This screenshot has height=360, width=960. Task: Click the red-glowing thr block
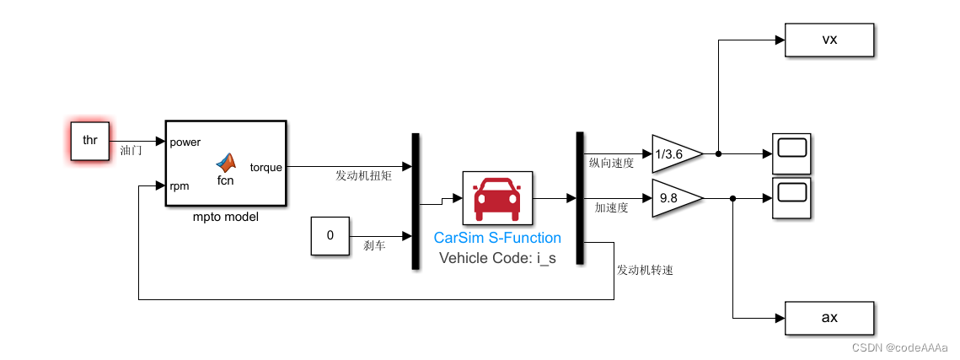89,141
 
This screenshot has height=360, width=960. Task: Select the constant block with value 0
330,235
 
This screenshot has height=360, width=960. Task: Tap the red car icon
497,199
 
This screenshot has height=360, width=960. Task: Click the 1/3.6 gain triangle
675,154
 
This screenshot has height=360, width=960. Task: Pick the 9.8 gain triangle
675,199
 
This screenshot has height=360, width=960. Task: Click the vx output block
829,40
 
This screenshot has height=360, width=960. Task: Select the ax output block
829,318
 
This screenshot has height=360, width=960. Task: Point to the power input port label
185,142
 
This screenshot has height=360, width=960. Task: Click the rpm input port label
180,185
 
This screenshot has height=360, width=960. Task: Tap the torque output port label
266,167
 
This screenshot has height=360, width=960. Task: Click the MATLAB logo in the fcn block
225,161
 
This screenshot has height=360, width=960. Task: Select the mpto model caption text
225,217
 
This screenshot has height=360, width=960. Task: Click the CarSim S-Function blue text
497,239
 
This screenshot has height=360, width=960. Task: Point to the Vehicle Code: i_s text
497,258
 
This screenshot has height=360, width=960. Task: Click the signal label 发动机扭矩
362,175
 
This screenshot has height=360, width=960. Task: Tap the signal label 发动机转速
645,271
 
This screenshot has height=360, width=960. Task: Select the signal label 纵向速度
611,163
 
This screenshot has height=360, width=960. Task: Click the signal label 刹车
375,245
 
